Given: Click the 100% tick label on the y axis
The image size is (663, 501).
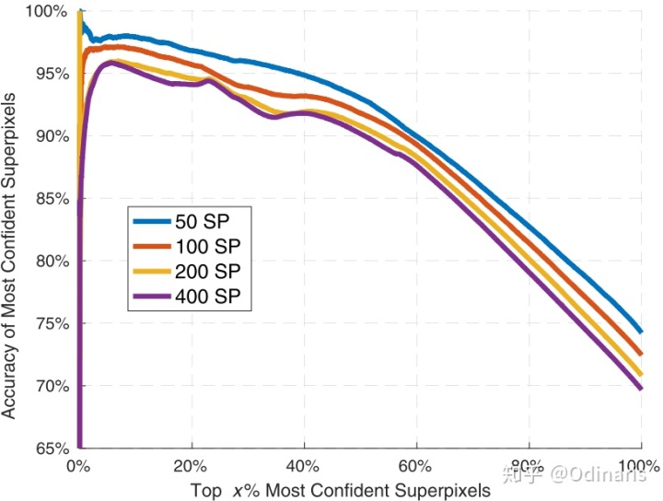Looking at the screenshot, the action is [47, 11].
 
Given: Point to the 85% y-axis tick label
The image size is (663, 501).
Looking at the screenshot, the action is [52, 199].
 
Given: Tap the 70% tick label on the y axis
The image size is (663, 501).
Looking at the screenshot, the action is [52, 386].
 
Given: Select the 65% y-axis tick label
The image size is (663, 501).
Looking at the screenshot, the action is [52, 449].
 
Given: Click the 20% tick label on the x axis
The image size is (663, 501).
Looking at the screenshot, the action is [191, 466].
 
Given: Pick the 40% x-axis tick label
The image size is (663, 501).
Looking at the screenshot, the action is [303, 466].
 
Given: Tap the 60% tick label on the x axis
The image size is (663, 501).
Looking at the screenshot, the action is [415, 466].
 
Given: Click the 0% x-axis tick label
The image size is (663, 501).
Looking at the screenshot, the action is [78, 466].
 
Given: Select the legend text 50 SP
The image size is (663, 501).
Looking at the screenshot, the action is [202, 222].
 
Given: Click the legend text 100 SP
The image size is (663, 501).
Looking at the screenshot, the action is [207, 247].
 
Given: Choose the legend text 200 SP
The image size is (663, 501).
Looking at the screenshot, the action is [207, 272].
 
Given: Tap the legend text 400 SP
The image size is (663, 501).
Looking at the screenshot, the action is [207, 297].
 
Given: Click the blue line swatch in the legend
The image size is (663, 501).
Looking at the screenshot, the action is [152, 221].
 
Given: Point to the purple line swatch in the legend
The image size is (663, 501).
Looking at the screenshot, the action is [152, 297].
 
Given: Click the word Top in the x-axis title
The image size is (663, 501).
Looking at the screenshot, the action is [206, 491].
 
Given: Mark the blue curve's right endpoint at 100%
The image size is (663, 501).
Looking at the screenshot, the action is [641, 332].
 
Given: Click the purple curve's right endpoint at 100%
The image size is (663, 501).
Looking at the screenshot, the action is [641, 388].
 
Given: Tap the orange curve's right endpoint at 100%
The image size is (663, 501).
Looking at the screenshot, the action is [641, 354].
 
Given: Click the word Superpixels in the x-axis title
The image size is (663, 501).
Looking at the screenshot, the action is [443, 491].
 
